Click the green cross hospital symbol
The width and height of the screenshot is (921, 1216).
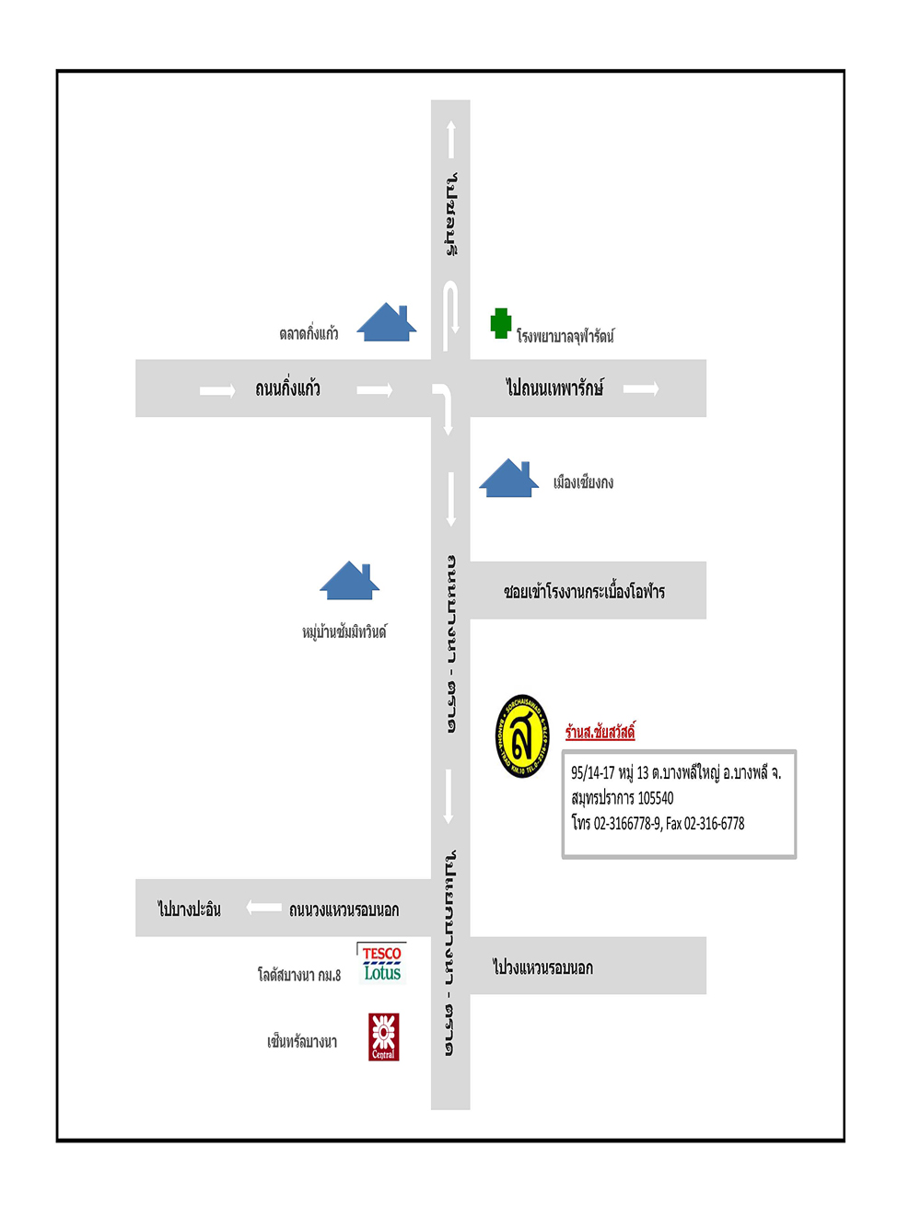(x=501, y=323)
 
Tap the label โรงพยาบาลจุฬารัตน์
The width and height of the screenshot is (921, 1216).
(x=565, y=336)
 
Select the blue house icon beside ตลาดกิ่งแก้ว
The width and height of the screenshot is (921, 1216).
(x=387, y=323)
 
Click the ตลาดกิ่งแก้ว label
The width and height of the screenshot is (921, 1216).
(x=309, y=333)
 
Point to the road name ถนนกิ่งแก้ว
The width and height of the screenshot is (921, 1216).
(x=287, y=388)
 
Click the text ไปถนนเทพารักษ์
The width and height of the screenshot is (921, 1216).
(x=554, y=388)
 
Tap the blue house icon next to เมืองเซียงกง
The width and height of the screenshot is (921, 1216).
(x=508, y=479)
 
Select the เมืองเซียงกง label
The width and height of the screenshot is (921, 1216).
(x=583, y=482)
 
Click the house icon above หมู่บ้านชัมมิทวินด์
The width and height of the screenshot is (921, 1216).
(x=349, y=581)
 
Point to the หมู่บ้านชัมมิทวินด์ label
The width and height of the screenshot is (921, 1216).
(x=344, y=631)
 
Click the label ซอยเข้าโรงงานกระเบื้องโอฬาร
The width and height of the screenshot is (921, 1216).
(x=584, y=591)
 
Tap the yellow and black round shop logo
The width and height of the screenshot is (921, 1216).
(x=522, y=736)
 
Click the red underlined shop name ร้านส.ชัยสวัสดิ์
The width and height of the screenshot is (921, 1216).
(x=600, y=732)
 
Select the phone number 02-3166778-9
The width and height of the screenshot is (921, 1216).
(x=626, y=824)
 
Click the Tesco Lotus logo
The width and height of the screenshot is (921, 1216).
(x=381, y=963)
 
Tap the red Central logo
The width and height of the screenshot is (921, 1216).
(x=383, y=1036)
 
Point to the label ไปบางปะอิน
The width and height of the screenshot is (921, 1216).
(x=189, y=909)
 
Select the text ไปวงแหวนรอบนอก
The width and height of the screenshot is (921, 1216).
(x=542, y=967)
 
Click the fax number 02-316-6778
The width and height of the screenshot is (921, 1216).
(x=714, y=824)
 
